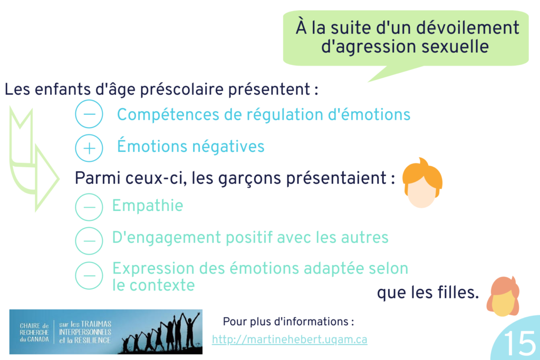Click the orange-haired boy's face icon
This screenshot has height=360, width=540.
point(422,183)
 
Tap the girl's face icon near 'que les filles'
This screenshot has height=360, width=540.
point(503,296)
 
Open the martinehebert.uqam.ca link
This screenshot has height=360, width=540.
point(290,339)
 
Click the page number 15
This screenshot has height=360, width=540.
point(519,343)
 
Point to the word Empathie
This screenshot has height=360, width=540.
point(148,206)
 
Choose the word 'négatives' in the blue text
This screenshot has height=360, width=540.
point(228,147)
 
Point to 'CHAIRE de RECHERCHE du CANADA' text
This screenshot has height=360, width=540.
point(34,333)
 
